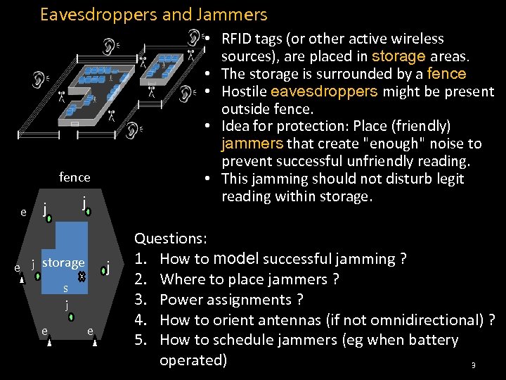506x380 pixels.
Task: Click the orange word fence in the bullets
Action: click(446, 74)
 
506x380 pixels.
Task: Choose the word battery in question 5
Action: click(431, 340)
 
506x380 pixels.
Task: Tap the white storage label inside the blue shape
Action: click(63, 262)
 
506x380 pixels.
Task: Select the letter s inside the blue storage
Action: click(65, 288)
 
